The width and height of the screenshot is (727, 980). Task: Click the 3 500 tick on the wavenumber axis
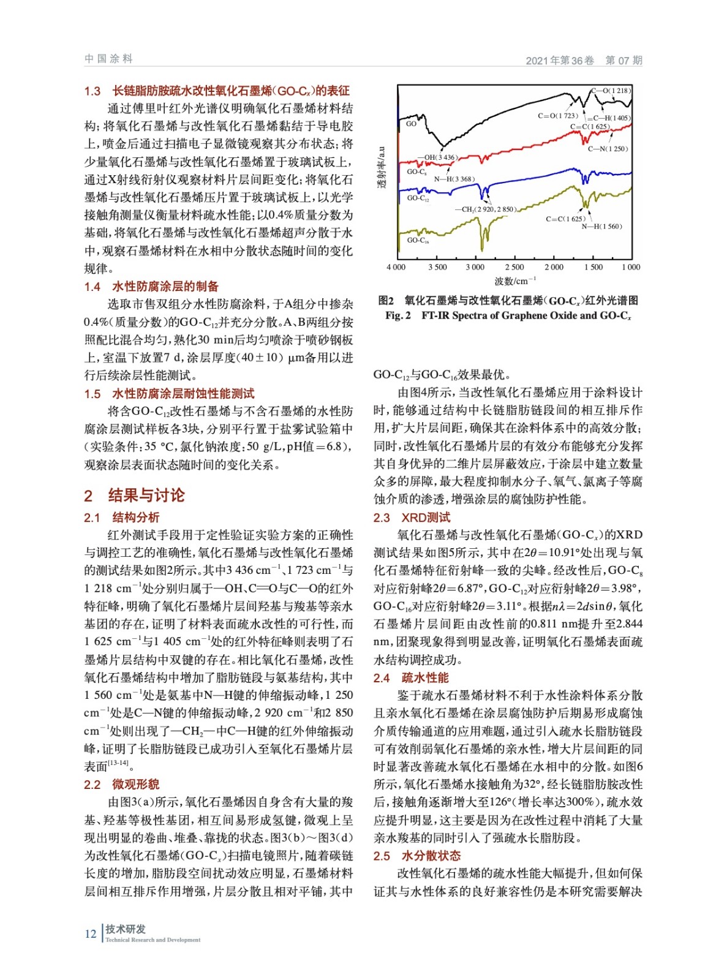coord(437,267)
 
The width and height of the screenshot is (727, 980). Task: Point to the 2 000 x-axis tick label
coord(554,267)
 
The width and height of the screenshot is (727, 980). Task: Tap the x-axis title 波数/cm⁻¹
coord(515,281)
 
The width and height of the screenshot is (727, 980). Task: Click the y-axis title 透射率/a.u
coord(382,167)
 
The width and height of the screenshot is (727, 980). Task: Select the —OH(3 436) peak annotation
coord(437,157)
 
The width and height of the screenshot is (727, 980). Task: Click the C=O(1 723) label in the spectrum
coord(558,115)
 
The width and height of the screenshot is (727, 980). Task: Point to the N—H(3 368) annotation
coord(454,179)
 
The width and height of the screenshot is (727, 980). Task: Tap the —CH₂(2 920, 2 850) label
coord(485,209)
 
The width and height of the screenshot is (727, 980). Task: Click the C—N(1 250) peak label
coord(608,149)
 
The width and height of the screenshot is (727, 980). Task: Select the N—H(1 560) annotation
coord(601,227)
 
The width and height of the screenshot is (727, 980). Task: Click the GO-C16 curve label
coord(418,240)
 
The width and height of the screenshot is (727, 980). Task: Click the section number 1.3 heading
coord(92,91)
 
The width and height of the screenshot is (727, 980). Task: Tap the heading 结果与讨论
coord(146,496)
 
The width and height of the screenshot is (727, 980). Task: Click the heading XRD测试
coord(426,518)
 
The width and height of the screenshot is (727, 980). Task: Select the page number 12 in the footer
coord(90,933)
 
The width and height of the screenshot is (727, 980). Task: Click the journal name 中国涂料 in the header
coord(108,59)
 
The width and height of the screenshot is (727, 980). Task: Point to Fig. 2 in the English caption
coord(397,315)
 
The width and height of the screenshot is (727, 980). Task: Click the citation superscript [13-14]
coord(118,763)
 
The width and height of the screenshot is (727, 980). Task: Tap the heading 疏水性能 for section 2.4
coord(425,677)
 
